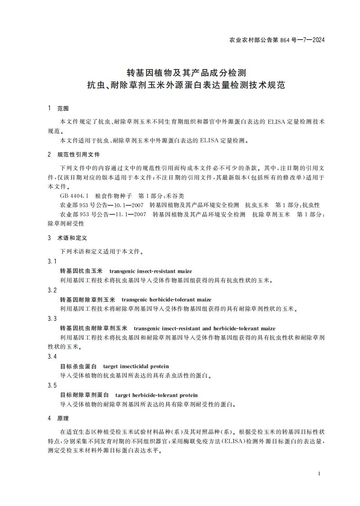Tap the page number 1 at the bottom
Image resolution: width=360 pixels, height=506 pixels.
pyautogui.click(x=319, y=474)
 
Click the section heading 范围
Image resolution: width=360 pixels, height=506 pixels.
pyautogui.click(x=63, y=109)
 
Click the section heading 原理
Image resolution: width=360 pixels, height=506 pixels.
pyautogui.click(x=63, y=418)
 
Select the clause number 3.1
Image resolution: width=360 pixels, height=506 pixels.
pyautogui.click(x=52, y=262)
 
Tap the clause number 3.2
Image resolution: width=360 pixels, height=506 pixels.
pyautogui.click(x=52, y=290)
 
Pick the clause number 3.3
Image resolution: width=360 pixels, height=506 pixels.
pyautogui.click(x=52, y=318)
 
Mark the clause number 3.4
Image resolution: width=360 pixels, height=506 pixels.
pyautogui.click(x=52, y=356)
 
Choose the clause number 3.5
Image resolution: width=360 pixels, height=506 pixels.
pyautogui.click(x=52, y=385)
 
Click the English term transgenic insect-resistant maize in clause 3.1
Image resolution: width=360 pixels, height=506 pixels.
pyautogui.click(x=150, y=271)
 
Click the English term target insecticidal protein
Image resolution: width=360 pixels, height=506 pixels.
pyautogui.click(x=136, y=366)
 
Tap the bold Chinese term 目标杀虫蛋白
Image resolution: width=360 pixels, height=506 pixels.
pyautogui.click(x=78, y=366)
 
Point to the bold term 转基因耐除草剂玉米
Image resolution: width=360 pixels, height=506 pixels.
pyautogui.click(x=87, y=300)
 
